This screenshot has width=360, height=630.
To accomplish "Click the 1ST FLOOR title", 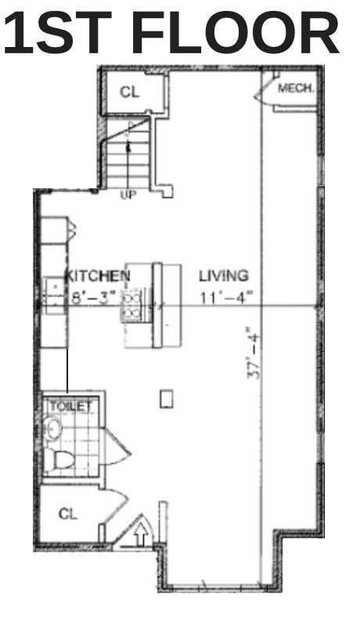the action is pyautogui.click(x=171, y=33).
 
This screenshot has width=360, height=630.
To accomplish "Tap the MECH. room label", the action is pyautogui.click(x=296, y=88).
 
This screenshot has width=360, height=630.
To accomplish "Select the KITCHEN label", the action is pyautogui.click(x=98, y=276).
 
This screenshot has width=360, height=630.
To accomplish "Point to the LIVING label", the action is pyautogui.click(x=224, y=276).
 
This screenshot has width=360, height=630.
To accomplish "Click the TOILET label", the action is pyautogui.click(x=70, y=406).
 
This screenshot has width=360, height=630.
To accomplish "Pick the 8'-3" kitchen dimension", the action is pyautogui.click(x=93, y=298).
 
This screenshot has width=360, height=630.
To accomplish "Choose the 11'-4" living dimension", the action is pyautogui.click(x=227, y=298).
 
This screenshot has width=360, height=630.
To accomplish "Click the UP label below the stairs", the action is pyautogui.click(x=128, y=195).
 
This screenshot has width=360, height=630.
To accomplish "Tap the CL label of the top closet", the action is pyautogui.click(x=130, y=92).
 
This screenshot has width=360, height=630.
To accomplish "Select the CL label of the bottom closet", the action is pyautogui.click(x=68, y=513).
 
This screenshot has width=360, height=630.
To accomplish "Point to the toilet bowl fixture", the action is pyautogui.click(x=61, y=459).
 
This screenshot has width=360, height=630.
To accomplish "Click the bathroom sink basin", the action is pyautogui.click(x=52, y=429).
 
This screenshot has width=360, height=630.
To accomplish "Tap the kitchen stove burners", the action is pyautogui.click(x=131, y=305).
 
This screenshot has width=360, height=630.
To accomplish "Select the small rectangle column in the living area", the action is pyautogui.click(x=167, y=399).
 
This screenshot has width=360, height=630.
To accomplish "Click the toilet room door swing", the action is pyautogui.click(x=118, y=447).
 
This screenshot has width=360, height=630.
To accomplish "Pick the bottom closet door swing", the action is pyautogui.click(x=114, y=507).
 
